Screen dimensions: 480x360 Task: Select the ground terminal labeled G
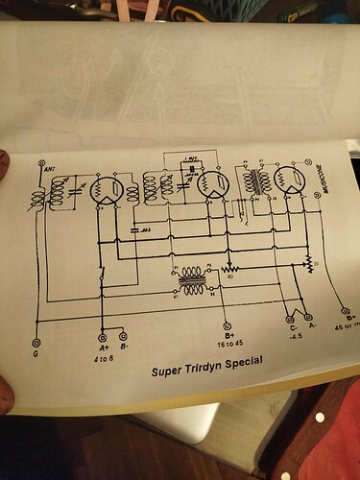pyautogui.click(x=37, y=342)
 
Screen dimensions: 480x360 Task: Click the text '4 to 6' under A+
pyautogui.click(x=104, y=351)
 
